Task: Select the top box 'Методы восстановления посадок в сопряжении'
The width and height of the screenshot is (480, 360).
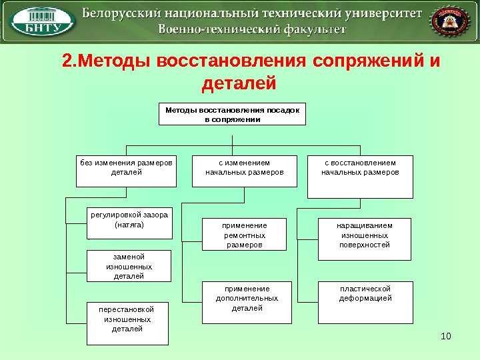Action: [x=232, y=113]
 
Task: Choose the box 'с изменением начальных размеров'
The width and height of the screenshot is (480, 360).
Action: [x=245, y=171]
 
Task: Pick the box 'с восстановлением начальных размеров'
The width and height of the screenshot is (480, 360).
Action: [x=360, y=176]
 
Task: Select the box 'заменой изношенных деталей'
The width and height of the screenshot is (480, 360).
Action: [x=129, y=266]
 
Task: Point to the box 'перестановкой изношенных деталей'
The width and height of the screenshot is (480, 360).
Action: [x=128, y=323]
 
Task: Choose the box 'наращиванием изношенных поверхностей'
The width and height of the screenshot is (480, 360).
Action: [x=365, y=238]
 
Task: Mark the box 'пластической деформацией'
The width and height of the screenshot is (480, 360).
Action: [x=365, y=302]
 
